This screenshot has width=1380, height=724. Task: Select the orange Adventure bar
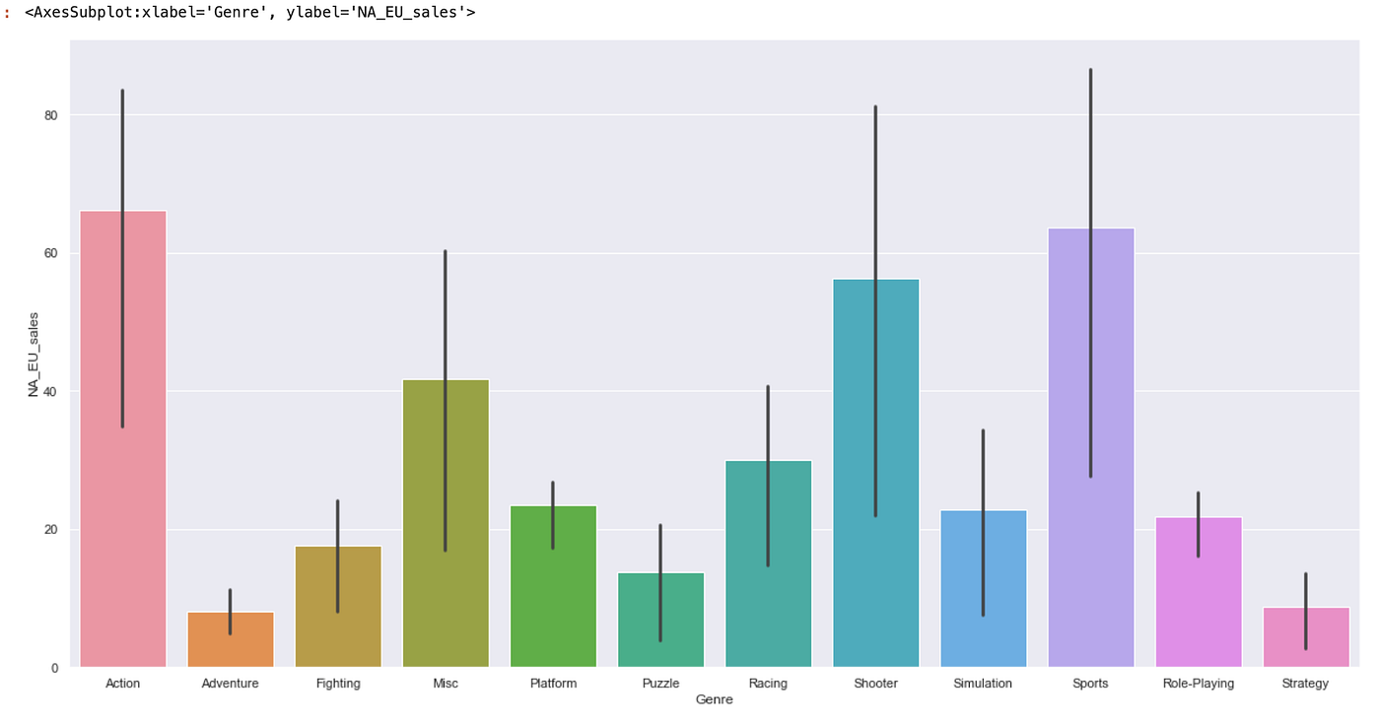point(230,640)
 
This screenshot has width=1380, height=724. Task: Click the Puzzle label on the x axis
point(660,684)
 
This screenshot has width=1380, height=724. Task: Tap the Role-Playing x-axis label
point(1198,684)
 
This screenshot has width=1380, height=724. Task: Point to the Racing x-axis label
point(768,684)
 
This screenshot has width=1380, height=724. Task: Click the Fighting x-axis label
point(338,684)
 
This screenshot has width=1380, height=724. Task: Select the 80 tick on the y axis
point(51,115)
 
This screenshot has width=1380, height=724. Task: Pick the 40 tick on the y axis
point(51,391)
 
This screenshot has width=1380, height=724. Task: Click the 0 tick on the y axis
point(55,668)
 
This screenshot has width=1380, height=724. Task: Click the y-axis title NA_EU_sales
point(34,355)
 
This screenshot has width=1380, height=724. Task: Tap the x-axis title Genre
point(714,700)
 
